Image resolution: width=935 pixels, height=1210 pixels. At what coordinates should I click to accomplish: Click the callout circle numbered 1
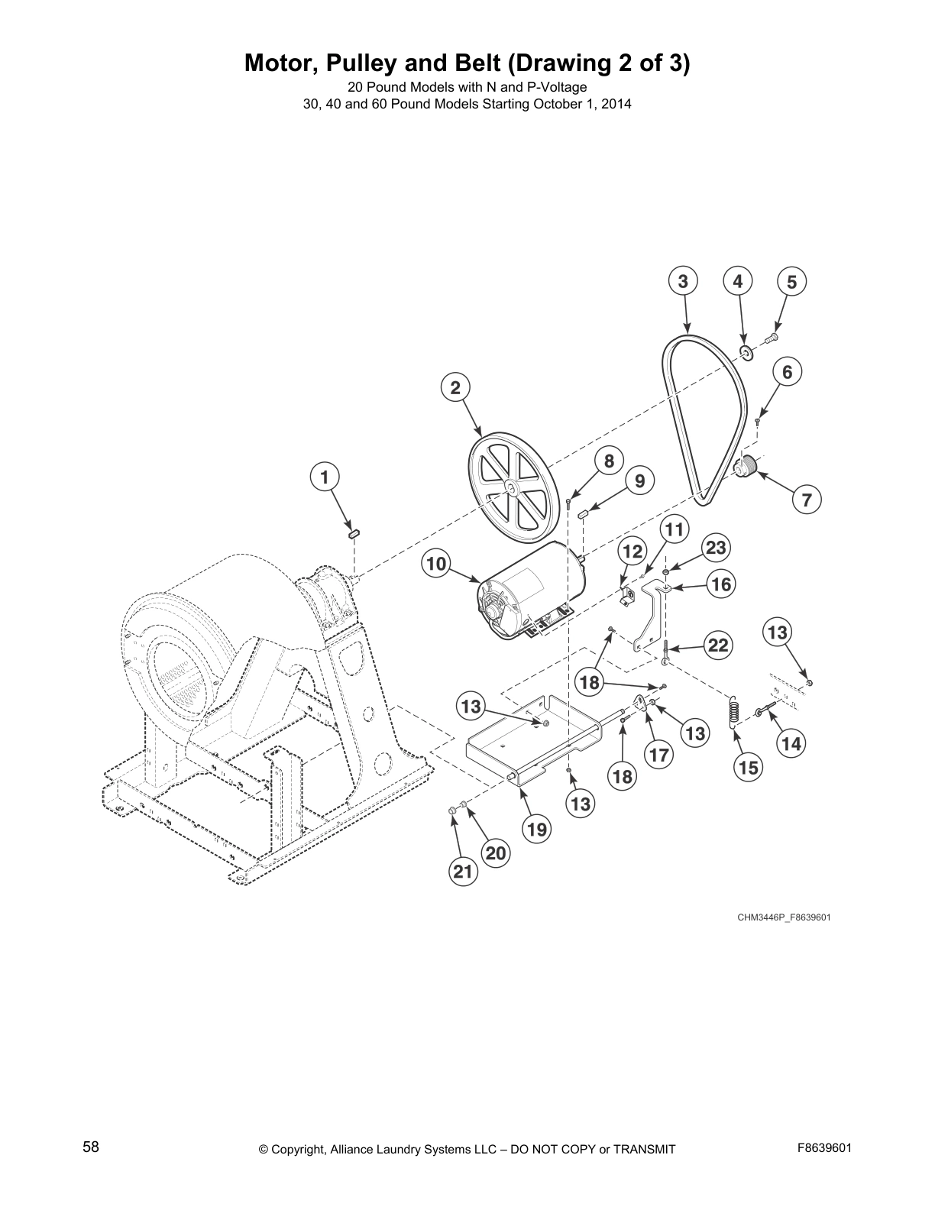pos(325,477)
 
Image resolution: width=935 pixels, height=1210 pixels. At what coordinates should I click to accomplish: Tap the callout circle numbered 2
pos(455,387)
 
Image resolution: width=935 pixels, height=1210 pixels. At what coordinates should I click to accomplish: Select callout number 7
pos(807,500)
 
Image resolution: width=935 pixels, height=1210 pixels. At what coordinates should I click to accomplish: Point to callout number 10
pos(435,565)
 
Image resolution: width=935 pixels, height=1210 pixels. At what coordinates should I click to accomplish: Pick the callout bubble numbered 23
pos(715,548)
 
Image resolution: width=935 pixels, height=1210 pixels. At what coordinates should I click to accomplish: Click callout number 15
pos(749,767)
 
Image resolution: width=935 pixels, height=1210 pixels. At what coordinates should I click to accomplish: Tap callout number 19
pos(537,829)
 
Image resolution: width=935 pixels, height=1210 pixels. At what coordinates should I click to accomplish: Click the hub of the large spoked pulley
pos(510,487)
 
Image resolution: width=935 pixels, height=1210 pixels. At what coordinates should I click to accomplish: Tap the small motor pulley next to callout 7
pos(745,466)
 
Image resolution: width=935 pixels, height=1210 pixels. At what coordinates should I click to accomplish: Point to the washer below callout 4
pos(746,353)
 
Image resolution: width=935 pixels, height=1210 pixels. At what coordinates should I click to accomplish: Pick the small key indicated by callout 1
pos(354,532)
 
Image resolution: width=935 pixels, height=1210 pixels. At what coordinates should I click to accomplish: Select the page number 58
pos(91,1147)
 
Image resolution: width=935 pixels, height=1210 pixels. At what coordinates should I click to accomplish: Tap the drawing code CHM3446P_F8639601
pos(783,917)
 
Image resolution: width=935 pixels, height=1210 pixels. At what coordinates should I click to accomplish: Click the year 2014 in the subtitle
pos(616,104)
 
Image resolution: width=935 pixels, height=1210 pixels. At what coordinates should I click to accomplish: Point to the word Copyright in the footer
pos(300,1149)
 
